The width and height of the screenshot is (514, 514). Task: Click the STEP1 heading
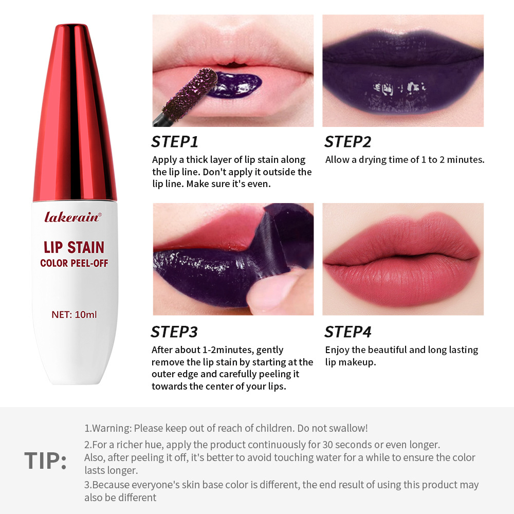[175, 142]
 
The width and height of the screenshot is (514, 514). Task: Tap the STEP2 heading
[347, 142]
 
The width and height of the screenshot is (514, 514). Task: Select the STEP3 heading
[174, 332]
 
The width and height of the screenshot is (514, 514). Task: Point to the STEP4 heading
[347, 332]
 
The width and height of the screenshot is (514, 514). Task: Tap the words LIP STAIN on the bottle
[74, 248]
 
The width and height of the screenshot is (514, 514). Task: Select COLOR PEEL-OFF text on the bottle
[74, 264]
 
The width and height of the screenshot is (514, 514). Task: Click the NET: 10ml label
[74, 314]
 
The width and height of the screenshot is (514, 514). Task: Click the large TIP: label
[46, 461]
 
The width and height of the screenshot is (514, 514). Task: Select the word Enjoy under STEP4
[337, 350]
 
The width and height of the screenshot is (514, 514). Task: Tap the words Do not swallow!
[335, 428]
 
